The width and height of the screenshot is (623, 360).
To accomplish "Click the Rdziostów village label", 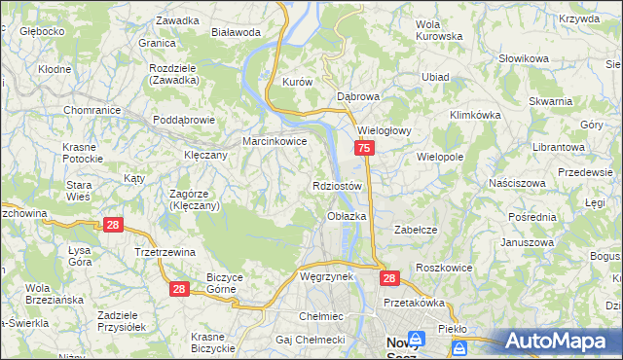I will pos(338,186).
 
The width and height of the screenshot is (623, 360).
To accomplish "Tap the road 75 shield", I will pos(363,148).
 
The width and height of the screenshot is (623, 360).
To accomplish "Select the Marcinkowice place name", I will pos(275,141).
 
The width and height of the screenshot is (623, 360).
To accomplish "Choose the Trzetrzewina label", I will pos(165,251).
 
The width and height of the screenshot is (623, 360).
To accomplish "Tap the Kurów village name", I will pos(296,83).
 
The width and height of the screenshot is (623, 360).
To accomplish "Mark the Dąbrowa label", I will pos(357,97).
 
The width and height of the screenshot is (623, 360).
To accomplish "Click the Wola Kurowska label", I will pos(438,29).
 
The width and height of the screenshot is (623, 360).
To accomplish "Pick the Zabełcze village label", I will pos(413,230).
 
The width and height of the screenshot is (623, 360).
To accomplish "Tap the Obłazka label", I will pos(347,216).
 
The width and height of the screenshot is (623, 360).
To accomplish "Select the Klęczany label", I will pos(205,155).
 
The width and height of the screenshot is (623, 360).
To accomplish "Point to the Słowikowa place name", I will pos(524,59).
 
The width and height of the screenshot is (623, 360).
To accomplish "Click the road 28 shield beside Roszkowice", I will pos(389,278).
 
